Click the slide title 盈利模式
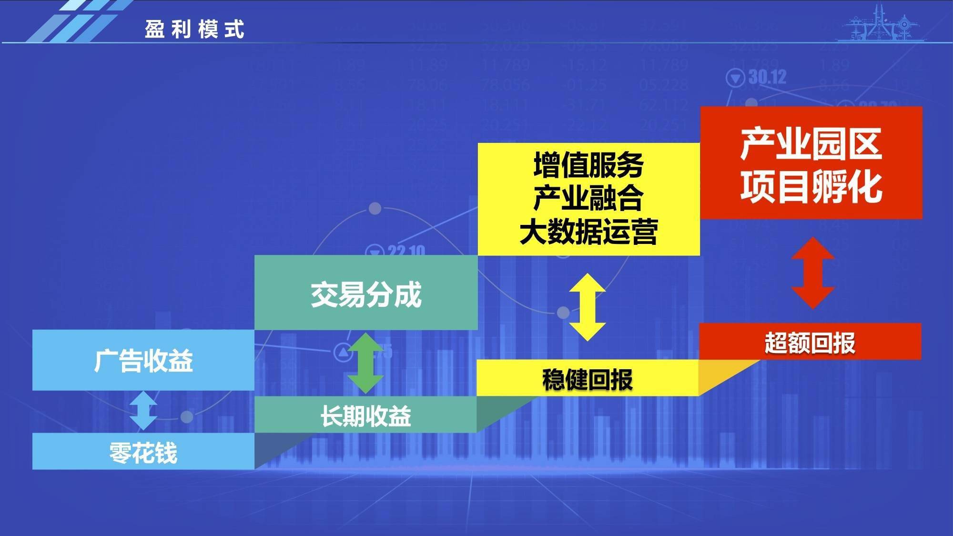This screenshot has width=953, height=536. [194, 30]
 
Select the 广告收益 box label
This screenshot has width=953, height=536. [143, 361]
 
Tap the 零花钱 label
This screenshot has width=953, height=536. [143, 453]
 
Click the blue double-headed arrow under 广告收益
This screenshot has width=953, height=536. [143, 411]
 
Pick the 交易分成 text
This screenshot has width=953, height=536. [366, 294]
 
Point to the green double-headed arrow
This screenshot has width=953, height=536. [365, 363]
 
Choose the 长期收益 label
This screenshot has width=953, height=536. [365, 416]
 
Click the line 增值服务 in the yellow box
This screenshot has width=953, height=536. [588, 165]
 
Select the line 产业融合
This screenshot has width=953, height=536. [588, 198]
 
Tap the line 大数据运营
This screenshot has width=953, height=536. [588, 232]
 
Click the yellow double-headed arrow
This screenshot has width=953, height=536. [588, 307]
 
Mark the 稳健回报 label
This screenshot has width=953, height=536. [588, 380]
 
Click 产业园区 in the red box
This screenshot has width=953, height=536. [811, 144]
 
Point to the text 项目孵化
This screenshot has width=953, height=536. [811, 187]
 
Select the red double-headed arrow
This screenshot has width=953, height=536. [812, 273]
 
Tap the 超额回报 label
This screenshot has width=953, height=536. [810, 343]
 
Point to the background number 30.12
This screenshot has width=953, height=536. [767, 77]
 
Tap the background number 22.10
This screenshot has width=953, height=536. [406, 250]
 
